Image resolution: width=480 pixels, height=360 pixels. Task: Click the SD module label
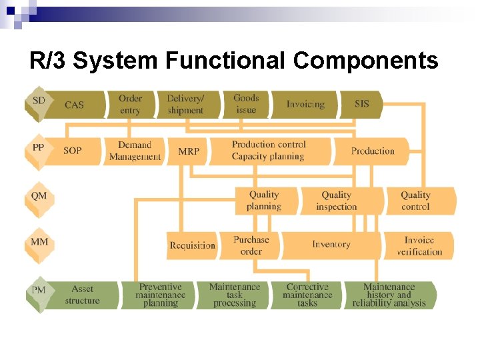[x=39, y=101]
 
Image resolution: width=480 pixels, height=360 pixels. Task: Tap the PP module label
[x=39, y=148]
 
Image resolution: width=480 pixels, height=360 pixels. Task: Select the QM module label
[x=39, y=197]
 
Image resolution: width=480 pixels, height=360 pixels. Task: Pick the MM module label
[x=39, y=241]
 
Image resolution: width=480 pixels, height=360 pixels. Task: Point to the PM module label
[x=39, y=291]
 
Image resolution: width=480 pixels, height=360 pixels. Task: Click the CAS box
[x=75, y=105]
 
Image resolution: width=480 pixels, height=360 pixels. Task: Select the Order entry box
[x=130, y=104]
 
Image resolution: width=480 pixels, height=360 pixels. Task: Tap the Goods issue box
[x=246, y=104]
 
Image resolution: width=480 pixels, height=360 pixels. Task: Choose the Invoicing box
[x=305, y=104]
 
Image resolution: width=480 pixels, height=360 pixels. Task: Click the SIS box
[x=362, y=104]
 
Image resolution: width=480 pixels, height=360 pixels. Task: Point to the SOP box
[x=73, y=151]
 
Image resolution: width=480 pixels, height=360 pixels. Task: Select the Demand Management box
[x=135, y=151]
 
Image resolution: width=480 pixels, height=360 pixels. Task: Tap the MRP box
[x=189, y=151]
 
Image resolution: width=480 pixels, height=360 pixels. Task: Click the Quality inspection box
[x=337, y=201]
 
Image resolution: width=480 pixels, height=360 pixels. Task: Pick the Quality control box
[x=415, y=201]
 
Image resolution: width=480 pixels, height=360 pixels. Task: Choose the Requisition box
[x=193, y=245]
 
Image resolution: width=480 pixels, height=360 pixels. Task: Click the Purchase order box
[x=251, y=245]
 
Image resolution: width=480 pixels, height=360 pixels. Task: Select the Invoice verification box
[x=419, y=245]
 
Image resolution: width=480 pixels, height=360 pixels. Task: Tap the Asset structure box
[x=83, y=295]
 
